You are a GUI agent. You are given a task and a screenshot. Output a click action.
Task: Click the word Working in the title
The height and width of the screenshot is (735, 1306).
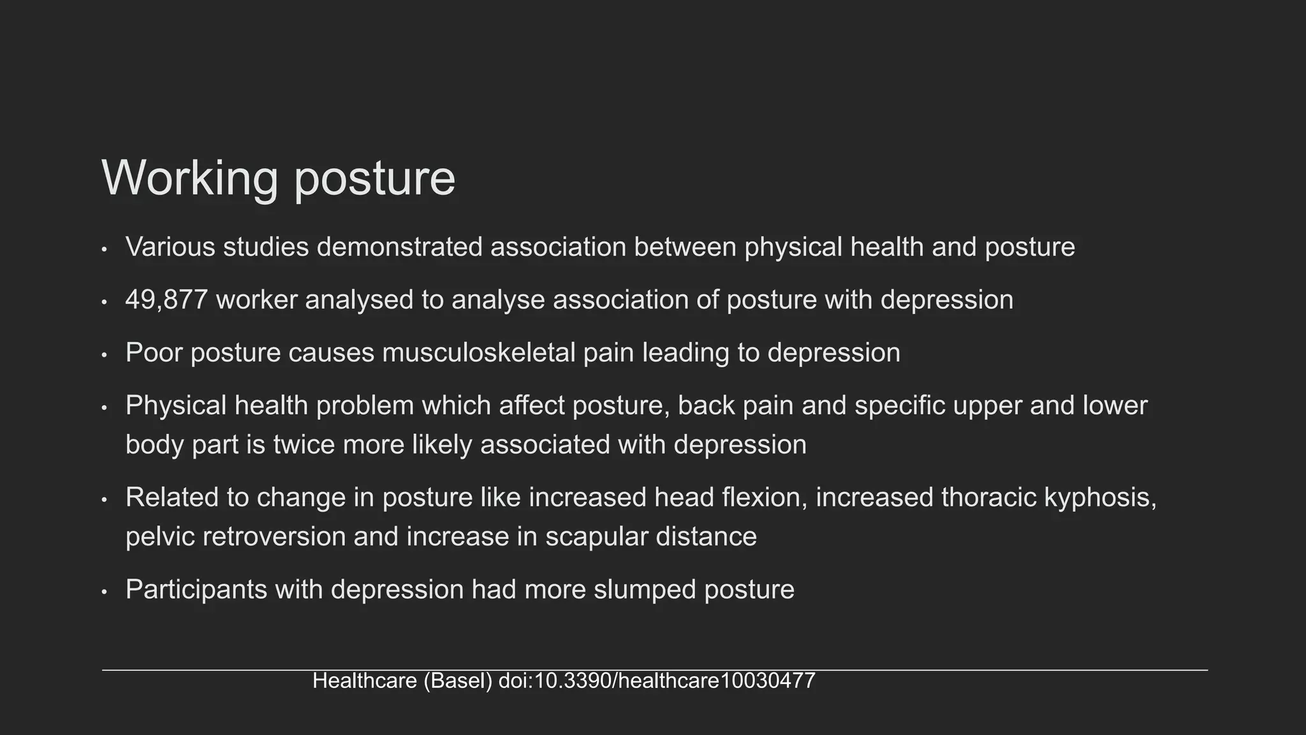[x=189, y=178]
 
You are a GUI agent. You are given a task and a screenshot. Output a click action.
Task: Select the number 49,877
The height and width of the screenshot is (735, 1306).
[x=166, y=300]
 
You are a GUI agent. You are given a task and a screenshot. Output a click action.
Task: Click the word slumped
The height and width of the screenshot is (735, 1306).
[x=645, y=590]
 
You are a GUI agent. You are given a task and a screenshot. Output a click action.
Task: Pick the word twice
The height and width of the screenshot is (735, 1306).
[x=304, y=445]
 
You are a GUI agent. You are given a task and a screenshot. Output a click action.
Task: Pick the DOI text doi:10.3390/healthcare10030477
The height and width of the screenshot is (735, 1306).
[x=657, y=681]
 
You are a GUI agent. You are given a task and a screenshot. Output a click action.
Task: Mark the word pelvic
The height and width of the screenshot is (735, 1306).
[x=160, y=537]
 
